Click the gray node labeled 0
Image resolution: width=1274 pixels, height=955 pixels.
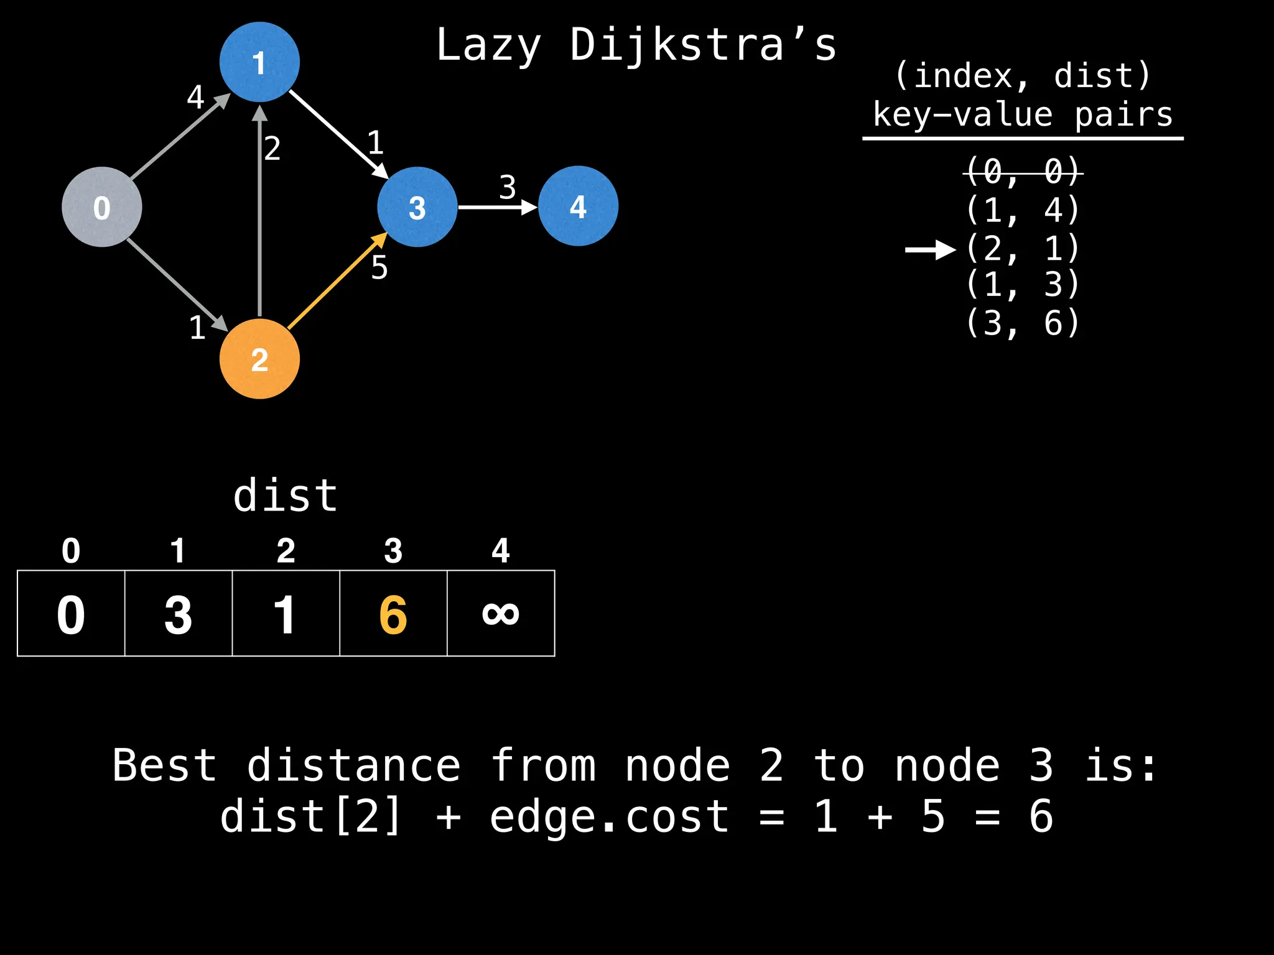[x=101, y=207]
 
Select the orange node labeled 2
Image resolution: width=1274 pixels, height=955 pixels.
[x=259, y=359]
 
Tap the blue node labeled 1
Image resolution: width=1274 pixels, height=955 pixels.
[x=259, y=62]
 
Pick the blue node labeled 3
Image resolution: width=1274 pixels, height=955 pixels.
[x=417, y=207]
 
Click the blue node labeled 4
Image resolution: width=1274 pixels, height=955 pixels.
[x=578, y=206]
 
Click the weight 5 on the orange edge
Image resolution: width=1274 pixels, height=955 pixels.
[x=379, y=268]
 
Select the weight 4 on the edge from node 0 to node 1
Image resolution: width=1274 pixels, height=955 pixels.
[x=195, y=97]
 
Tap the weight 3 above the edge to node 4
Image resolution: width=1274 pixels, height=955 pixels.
[x=508, y=187]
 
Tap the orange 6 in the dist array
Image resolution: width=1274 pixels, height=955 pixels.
[x=393, y=614]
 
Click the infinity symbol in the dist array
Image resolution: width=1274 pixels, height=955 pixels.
[x=501, y=614]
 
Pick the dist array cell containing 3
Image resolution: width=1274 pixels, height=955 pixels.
[x=179, y=614]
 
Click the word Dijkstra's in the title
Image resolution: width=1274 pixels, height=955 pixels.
[x=704, y=45]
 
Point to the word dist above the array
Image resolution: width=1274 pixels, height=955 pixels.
[x=286, y=496]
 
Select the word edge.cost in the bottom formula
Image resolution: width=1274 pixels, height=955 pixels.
[x=609, y=816]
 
